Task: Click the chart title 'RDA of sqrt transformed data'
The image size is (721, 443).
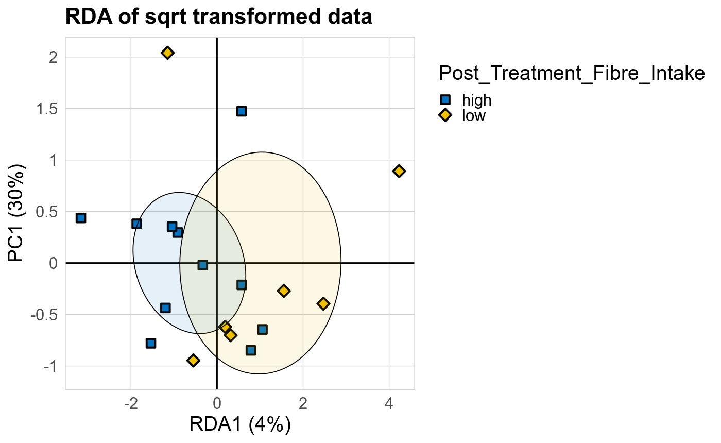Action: [218, 18]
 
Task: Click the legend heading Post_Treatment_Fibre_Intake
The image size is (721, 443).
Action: [572, 74]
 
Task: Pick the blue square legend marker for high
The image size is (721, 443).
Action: [445, 99]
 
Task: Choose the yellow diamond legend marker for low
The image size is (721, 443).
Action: [445, 115]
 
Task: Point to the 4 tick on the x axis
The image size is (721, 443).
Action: [389, 402]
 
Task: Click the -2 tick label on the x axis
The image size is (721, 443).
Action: [131, 402]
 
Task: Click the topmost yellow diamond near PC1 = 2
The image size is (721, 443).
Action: [167, 53]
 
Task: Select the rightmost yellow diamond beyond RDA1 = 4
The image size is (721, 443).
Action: [399, 171]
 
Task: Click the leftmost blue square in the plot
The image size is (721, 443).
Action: [81, 218]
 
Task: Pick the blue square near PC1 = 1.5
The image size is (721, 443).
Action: [242, 111]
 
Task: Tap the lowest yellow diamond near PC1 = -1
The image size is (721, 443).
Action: [193, 360]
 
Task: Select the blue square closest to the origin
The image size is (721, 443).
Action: [203, 265]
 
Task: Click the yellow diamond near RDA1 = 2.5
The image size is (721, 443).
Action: [323, 303]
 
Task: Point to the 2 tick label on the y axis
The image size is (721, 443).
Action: [53, 57]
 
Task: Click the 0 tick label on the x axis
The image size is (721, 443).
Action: [217, 402]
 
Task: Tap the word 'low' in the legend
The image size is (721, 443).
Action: [474, 115]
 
